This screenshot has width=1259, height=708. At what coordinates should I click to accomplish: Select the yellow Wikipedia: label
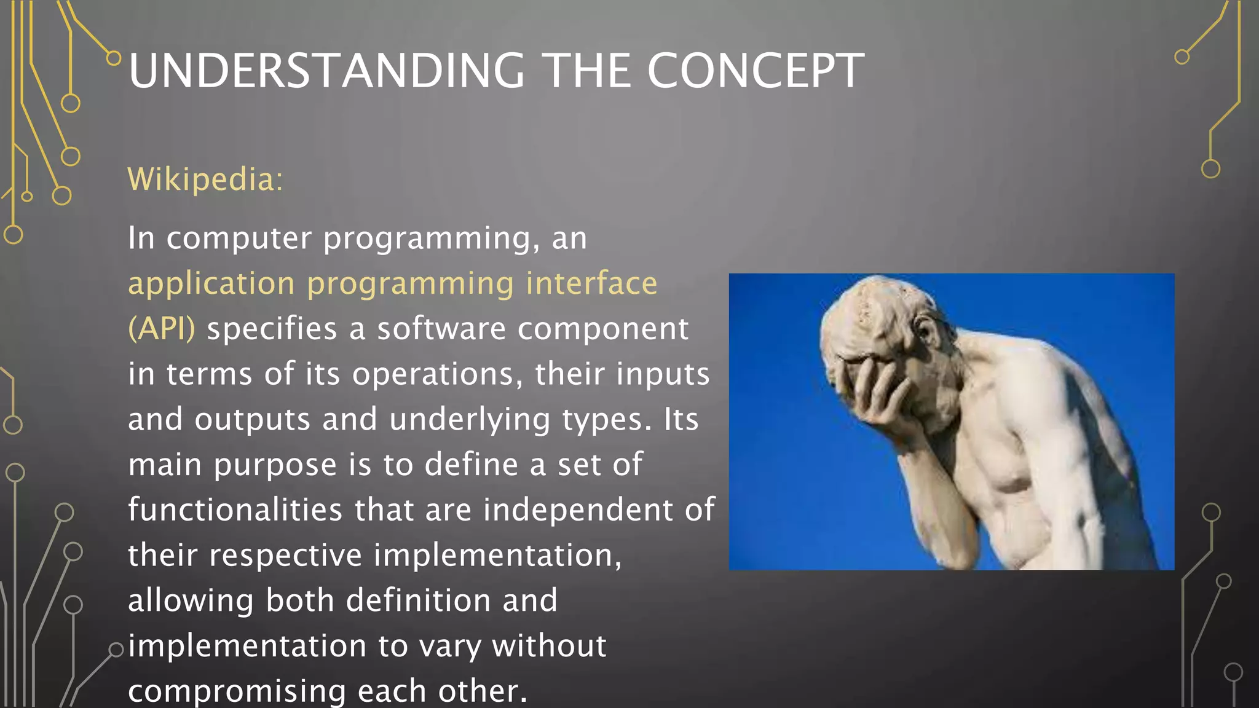point(205,179)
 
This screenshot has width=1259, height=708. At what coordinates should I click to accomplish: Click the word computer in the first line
point(239,238)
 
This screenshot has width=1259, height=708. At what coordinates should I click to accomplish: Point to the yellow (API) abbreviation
point(162,329)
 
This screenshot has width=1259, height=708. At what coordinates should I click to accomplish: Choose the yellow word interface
point(591,284)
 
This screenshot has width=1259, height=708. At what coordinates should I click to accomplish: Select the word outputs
point(253,420)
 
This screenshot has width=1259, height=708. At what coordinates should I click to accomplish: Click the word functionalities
point(235,510)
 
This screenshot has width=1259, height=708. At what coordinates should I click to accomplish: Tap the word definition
point(418,600)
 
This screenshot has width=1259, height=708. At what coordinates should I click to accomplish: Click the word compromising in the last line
point(237,691)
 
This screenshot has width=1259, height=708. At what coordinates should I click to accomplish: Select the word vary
point(450,647)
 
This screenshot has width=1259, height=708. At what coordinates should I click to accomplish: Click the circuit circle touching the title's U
point(114,58)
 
